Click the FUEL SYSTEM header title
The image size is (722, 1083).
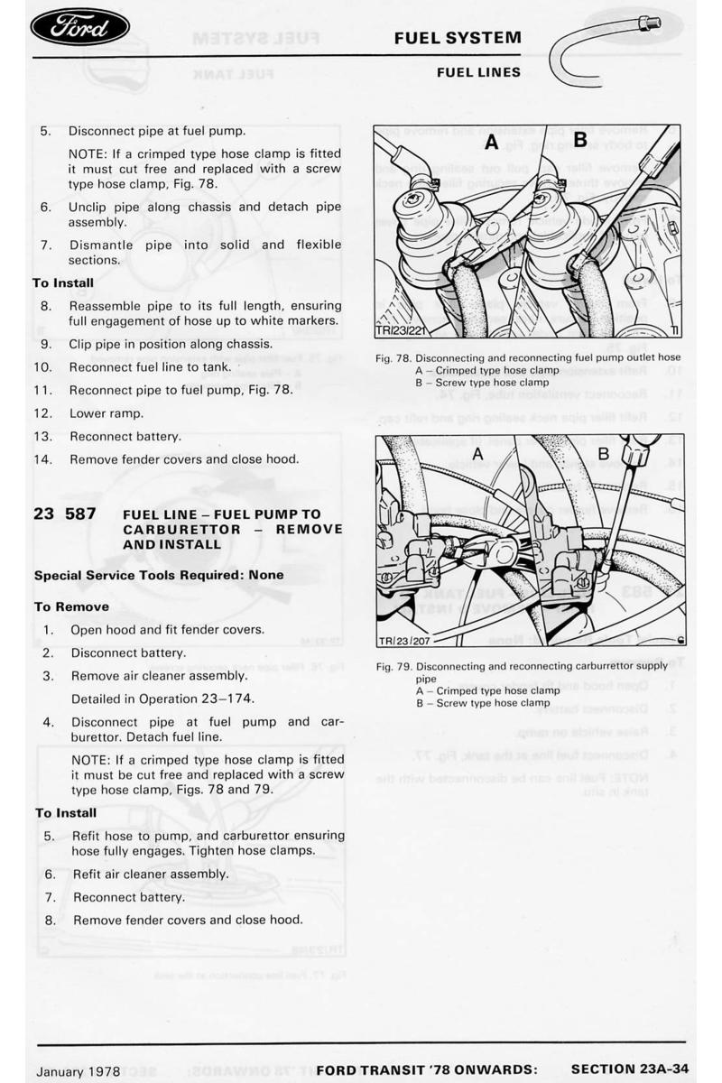point(458,38)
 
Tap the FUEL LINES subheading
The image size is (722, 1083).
point(478,71)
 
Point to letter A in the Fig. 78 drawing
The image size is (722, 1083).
point(491,143)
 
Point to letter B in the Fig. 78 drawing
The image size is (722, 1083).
point(580,140)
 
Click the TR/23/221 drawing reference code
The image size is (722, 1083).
point(400,330)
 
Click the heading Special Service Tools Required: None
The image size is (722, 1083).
point(159,575)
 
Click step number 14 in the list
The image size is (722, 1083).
point(42,459)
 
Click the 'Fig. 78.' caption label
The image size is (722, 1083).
point(393,357)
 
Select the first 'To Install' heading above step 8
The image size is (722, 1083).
point(63,282)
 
